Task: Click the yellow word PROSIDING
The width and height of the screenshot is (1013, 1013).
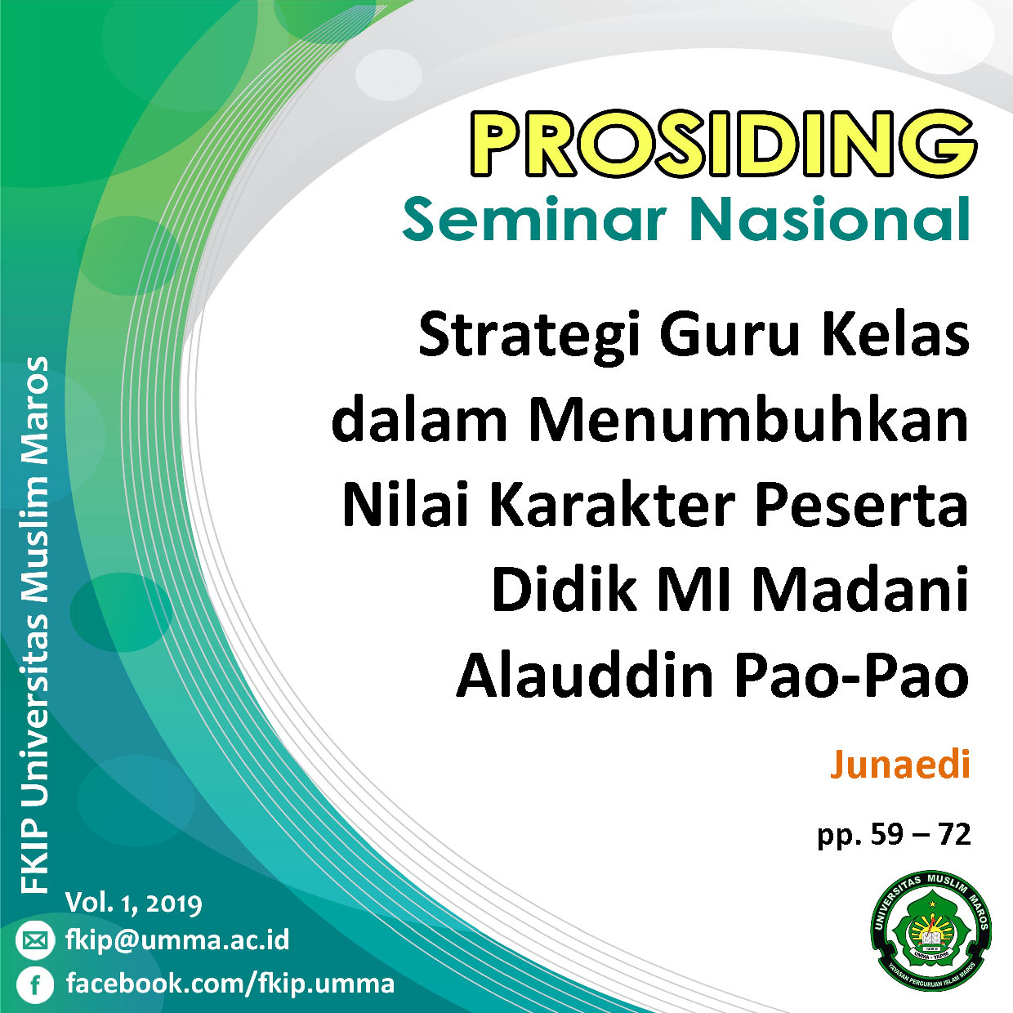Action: tap(723, 144)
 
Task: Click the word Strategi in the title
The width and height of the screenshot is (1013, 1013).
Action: tap(529, 340)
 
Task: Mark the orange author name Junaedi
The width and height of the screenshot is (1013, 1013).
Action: tap(900, 765)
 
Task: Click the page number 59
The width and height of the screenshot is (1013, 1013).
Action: tap(887, 834)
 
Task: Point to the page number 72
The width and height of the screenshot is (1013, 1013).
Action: tap(953, 834)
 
